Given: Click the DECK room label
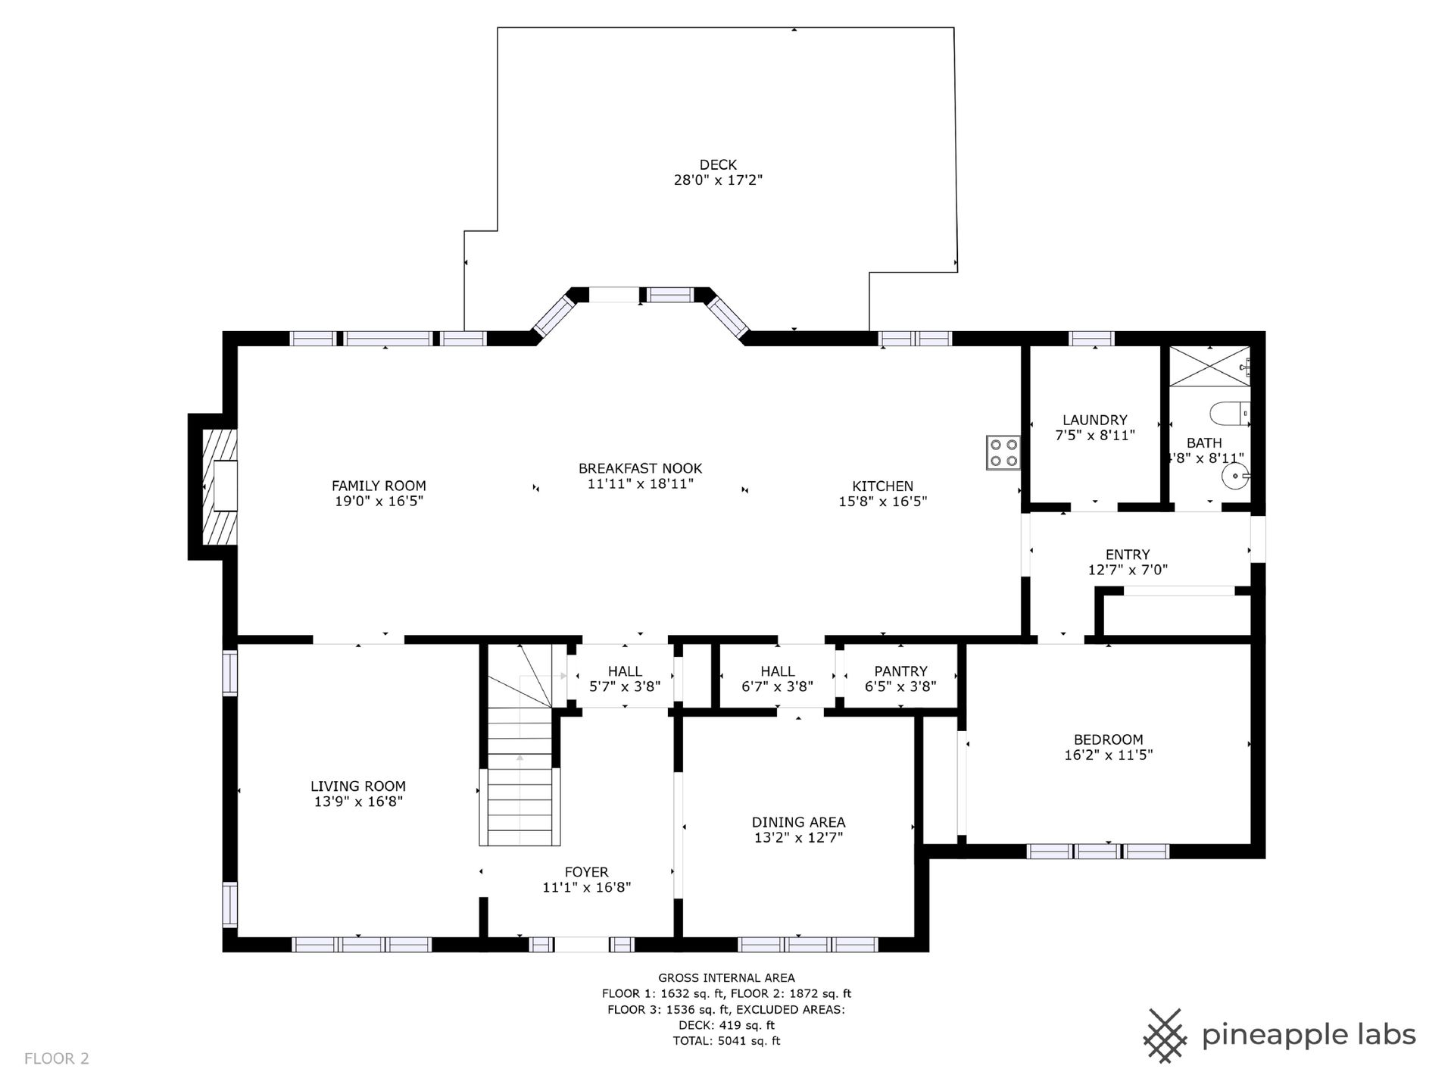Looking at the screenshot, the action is point(718,164).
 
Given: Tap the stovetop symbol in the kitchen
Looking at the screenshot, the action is point(1003,452).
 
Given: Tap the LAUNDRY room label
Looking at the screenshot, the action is point(1094,420).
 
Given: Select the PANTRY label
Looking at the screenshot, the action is point(900,671).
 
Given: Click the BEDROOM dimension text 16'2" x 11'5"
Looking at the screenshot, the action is point(1108,755).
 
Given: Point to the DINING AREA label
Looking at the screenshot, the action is point(798,822).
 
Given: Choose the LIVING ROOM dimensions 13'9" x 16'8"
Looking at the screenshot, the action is point(358,802).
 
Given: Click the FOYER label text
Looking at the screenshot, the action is point(586,872).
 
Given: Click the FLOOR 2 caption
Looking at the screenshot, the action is point(57,1058).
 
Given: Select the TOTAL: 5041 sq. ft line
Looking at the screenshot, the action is point(726,1041).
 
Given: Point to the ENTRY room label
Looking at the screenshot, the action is point(1128,555).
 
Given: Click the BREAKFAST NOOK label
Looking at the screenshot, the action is point(641,468).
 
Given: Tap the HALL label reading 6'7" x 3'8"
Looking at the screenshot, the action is point(778,679).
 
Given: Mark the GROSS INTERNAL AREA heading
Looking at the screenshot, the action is point(726,978).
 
